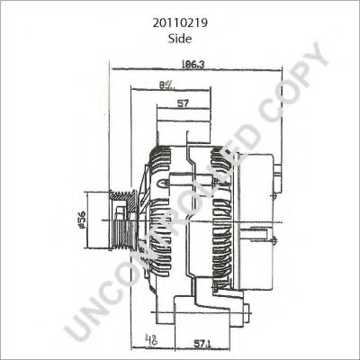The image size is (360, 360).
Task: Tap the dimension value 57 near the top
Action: click(183, 104)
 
